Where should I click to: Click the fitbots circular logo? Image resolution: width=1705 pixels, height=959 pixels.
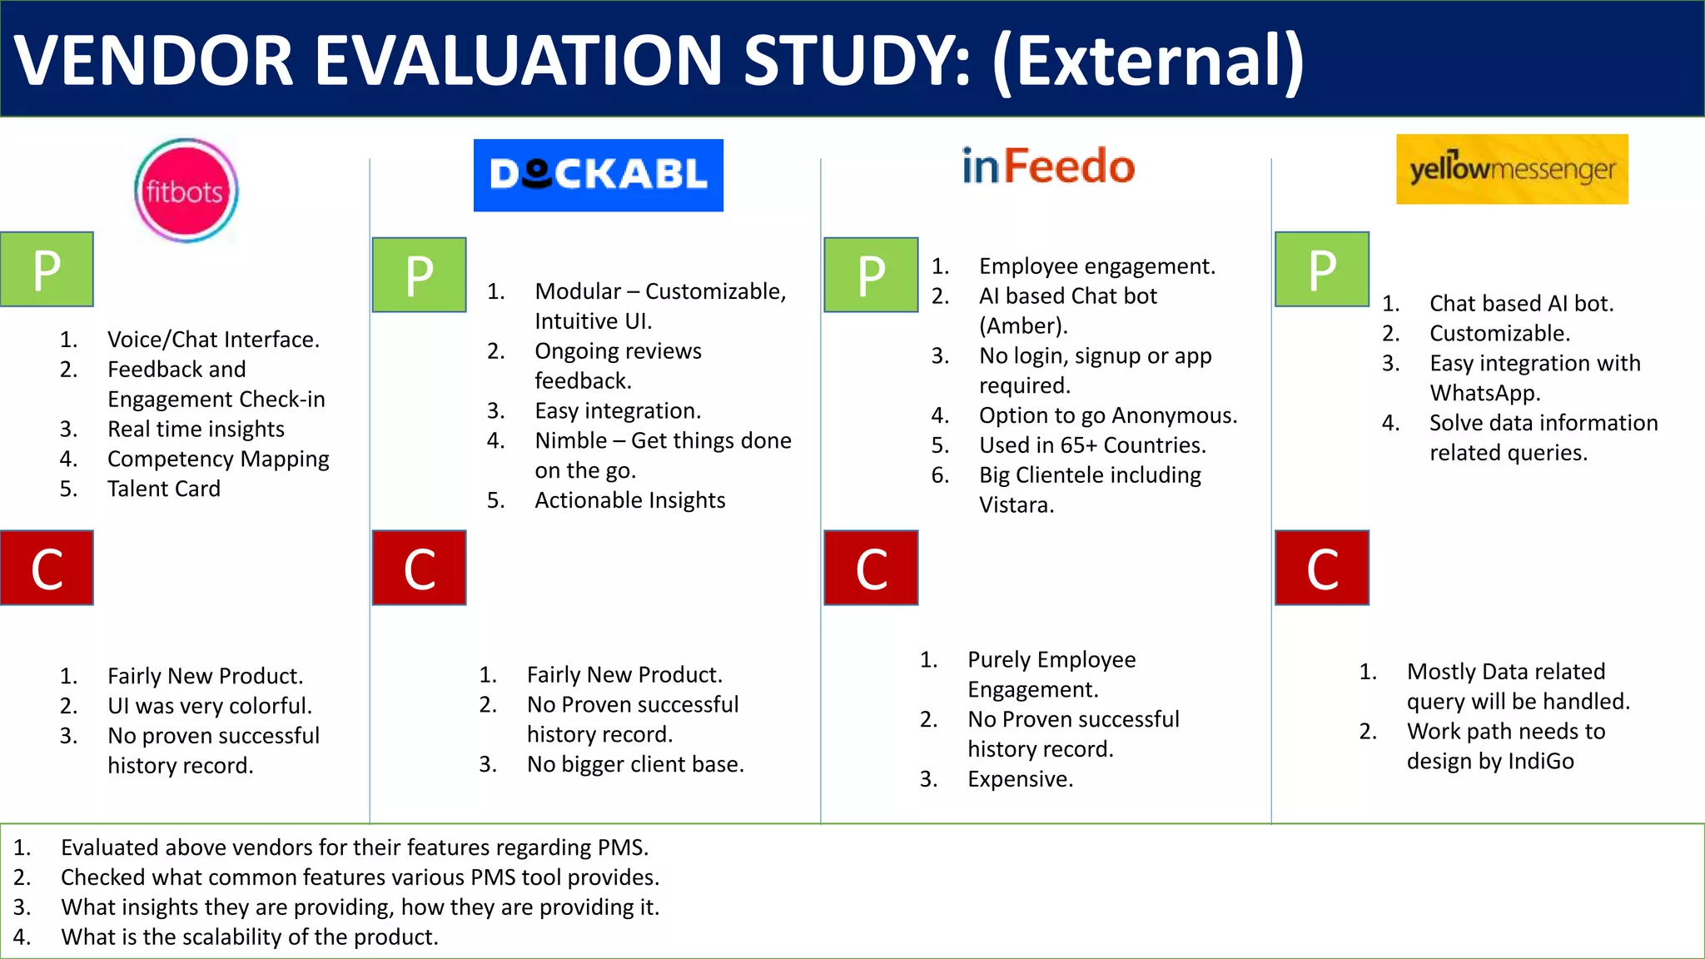(186, 191)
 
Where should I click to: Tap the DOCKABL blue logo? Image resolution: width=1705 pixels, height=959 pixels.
(598, 175)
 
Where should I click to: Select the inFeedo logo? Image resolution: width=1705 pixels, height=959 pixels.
(1048, 166)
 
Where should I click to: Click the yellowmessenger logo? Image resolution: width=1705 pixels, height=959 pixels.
(1512, 169)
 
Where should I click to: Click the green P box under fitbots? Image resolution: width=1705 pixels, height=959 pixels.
(47, 269)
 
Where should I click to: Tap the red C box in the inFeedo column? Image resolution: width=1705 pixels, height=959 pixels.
(871, 568)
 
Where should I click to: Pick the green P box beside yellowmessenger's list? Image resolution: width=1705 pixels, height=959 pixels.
(1322, 269)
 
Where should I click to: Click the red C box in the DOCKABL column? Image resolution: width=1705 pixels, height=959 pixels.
(419, 568)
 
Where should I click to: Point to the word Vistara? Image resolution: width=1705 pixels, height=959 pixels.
(1016, 505)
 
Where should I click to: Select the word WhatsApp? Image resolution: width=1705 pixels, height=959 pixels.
(1484, 393)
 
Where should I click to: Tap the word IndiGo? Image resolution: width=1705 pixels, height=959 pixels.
(1540, 762)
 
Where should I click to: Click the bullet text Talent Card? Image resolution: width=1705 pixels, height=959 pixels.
(164, 489)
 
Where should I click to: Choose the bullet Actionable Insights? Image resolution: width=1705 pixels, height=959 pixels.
(629, 500)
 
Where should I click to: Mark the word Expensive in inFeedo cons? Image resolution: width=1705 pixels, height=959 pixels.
(1019, 779)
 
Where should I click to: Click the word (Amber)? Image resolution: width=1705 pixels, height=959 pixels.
(1022, 326)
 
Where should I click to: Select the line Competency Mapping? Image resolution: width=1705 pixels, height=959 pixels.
(218, 459)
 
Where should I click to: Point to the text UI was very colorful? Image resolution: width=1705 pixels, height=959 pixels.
(210, 706)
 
